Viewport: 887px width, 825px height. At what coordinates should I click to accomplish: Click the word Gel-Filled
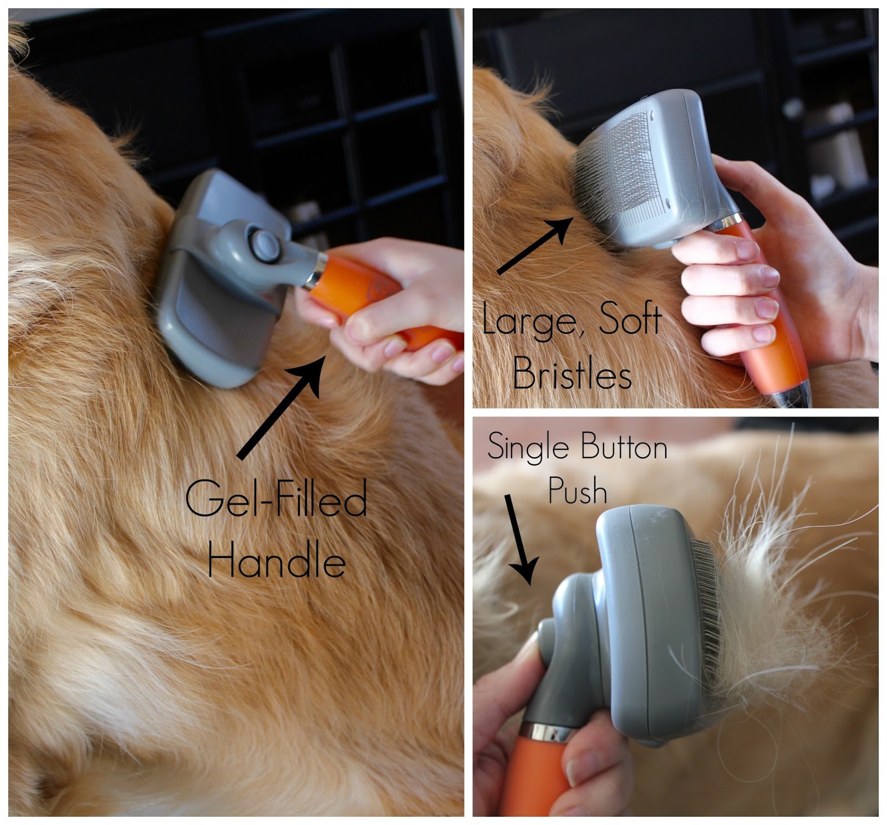pyautogui.click(x=276, y=499)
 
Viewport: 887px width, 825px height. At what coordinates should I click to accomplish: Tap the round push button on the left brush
pyautogui.click(x=264, y=245)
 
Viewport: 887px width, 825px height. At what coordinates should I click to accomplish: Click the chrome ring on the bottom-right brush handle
pyautogui.click(x=548, y=732)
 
